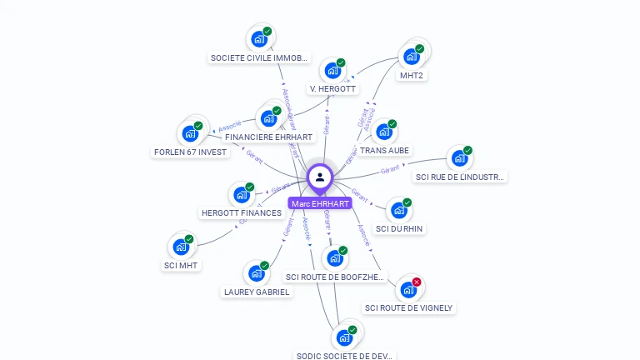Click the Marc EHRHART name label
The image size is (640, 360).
320,203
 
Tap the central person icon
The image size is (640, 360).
320,177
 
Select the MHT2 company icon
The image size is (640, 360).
411,57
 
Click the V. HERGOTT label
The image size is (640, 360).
332,88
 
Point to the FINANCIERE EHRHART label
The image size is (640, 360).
268,137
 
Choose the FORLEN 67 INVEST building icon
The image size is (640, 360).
190,133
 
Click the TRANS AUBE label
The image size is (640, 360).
384,151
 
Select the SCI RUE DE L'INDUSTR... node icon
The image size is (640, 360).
459,158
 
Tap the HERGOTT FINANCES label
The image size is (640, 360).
242,213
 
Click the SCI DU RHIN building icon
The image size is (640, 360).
398,210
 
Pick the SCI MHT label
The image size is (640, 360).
182,266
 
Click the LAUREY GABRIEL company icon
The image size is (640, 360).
256,273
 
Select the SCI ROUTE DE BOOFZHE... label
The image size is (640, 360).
335,277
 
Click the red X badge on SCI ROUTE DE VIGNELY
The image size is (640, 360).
417,282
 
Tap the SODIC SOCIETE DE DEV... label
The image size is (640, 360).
344,356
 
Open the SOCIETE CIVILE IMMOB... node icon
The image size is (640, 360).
259,39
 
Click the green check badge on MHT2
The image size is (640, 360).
420,48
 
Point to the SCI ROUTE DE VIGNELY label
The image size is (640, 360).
408,308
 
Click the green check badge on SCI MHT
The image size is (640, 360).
189,239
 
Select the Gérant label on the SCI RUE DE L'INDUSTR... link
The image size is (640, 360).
390,170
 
